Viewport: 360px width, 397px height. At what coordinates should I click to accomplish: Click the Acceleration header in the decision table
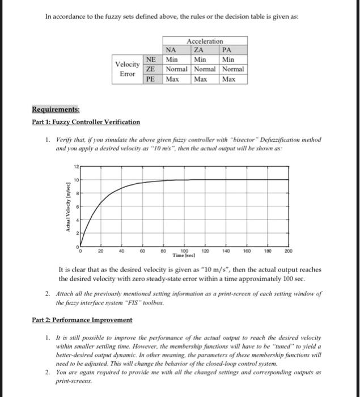point(204,41)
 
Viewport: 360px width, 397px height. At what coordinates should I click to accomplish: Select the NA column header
point(170,50)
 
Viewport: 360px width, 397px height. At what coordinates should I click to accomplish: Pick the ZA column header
point(199,50)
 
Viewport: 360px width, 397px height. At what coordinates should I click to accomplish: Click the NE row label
point(151,59)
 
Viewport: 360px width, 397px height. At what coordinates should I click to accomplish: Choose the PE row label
point(151,79)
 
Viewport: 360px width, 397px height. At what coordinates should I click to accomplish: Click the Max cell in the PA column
point(228,79)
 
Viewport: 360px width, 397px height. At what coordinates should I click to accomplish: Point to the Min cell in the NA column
point(172,59)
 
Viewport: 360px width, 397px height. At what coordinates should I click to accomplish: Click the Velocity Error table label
point(128,69)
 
